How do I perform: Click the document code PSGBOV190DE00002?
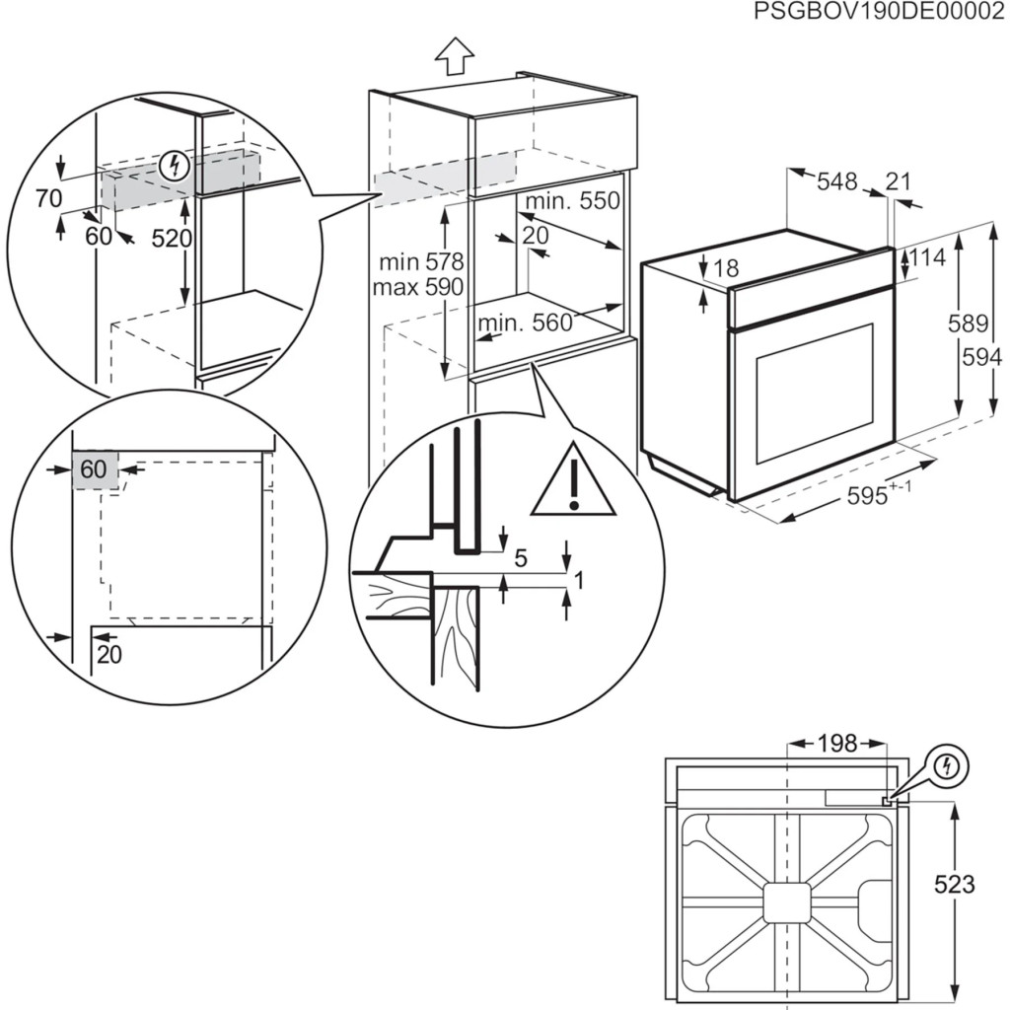[x=880, y=12]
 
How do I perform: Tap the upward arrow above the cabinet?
[x=455, y=56]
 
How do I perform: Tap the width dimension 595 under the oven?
[x=868, y=497]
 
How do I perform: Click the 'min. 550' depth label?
[x=572, y=201]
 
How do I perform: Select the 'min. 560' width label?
[x=525, y=323]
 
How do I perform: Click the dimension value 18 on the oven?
[x=725, y=268]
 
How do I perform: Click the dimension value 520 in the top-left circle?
[x=172, y=239]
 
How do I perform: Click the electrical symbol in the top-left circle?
[x=176, y=165]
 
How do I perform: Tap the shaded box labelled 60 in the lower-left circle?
[x=94, y=470]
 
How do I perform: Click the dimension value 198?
[x=837, y=743]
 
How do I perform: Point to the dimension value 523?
[x=953, y=885]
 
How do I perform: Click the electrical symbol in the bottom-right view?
[x=949, y=765]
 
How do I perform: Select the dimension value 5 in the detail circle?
[x=521, y=557]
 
